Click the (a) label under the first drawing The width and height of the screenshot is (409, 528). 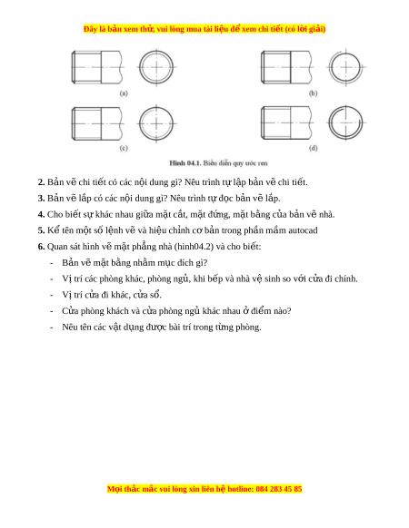pyautogui.click(x=124, y=93)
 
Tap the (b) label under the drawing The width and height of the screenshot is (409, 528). pyautogui.click(x=314, y=93)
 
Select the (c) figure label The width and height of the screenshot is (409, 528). pyautogui.click(x=124, y=148)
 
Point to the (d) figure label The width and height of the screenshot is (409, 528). pyautogui.click(x=314, y=148)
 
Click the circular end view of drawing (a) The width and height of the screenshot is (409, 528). pyautogui.click(x=140, y=67)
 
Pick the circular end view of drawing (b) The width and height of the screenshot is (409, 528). pyautogui.click(x=330, y=67)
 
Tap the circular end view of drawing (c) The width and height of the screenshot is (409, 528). pyautogui.click(x=140, y=123)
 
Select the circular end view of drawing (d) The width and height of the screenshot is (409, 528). pyautogui.click(x=329, y=122)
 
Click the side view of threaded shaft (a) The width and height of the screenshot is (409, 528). pyautogui.click(x=97, y=67)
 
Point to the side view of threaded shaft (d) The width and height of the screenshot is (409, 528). pyautogui.click(x=287, y=122)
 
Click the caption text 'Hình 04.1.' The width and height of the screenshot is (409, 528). pyautogui.click(x=185, y=163)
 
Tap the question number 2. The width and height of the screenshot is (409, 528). pyautogui.click(x=41, y=182)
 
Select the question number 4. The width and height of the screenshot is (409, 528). pyautogui.click(x=41, y=214)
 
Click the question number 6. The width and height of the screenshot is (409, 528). pyautogui.click(x=41, y=247)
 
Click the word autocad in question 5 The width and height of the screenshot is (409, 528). pyautogui.click(x=303, y=230)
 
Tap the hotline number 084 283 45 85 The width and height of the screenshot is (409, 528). pyautogui.click(x=279, y=489)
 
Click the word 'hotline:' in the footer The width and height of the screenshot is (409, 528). pyautogui.click(x=241, y=489)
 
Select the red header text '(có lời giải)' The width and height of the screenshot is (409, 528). pyautogui.click(x=305, y=29)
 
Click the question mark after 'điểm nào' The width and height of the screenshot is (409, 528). pyautogui.click(x=289, y=311)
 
